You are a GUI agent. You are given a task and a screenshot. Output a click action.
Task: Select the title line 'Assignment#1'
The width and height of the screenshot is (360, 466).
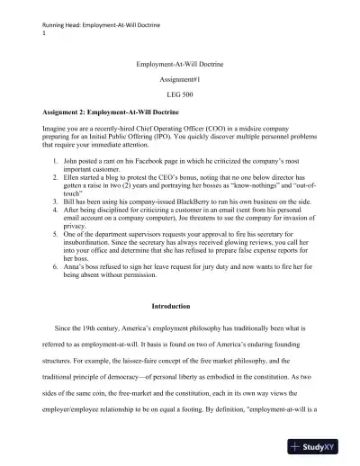coord(180,78)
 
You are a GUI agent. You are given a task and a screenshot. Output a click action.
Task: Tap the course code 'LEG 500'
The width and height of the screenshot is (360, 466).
coord(180,94)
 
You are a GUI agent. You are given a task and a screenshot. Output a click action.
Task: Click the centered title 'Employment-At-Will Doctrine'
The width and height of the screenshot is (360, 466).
coord(180,64)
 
